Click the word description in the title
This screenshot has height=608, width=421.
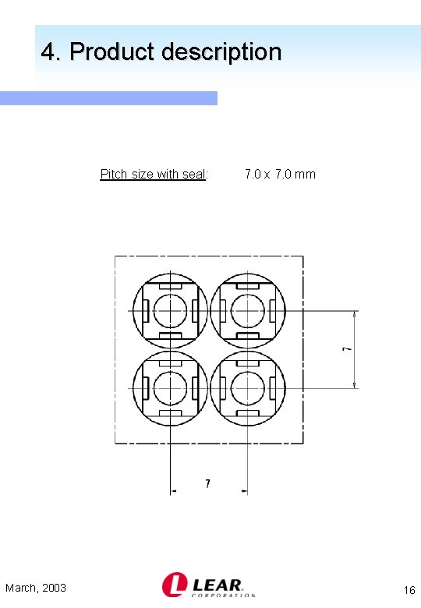pyautogui.click(x=221, y=52)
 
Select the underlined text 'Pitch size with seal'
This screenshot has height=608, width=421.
pyautogui.click(x=153, y=174)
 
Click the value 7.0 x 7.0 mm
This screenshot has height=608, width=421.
pyautogui.click(x=280, y=174)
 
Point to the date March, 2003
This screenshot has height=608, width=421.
pyautogui.click(x=36, y=588)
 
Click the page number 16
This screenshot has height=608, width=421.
pyautogui.click(x=409, y=590)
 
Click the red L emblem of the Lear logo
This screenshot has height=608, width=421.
pyautogui.click(x=173, y=585)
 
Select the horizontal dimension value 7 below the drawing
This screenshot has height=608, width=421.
pyautogui.click(x=207, y=484)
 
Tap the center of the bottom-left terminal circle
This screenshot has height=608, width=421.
pyautogui.click(x=170, y=387)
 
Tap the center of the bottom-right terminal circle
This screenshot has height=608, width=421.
pyautogui.click(x=247, y=387)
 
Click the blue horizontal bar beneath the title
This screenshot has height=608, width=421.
pyautogui.click(x=108, y=97)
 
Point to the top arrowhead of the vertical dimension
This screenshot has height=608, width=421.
pyautogui.click(x=356, y=314)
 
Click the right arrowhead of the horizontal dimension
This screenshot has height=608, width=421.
pyautogui.click(x=244, y=491)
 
